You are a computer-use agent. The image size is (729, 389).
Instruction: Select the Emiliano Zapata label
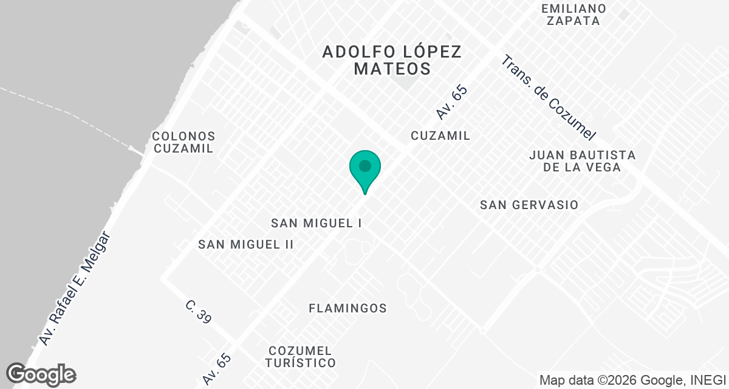click(x=573, y=15)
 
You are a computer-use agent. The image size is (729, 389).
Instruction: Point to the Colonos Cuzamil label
click(x=183, y=142)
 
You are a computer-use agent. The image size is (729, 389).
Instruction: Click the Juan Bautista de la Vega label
click(x=582, y=161)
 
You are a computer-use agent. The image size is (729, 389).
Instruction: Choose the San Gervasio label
click(x=529, y=205)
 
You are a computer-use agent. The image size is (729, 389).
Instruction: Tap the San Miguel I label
click(x=317, y=223)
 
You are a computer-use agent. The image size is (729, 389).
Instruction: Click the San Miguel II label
click(x=246, y=244)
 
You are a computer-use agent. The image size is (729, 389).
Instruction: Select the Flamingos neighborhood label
click(x=347, y=308)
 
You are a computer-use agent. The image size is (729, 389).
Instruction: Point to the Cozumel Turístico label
click(x=301, y=357)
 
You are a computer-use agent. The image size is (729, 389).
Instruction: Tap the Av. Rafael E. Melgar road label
click(x=75, y=288)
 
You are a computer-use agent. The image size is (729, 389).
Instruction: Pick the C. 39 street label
click(x=199, y=312)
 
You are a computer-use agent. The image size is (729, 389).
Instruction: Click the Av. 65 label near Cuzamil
click(x=453, y=102)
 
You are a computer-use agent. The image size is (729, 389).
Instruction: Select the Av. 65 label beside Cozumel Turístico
click(x=217, y=369)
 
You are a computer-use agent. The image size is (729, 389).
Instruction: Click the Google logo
click(x=41, y=374)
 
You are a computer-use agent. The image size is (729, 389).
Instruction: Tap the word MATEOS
click(x=392, y=68)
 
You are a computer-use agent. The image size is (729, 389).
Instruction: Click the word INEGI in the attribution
click(x=707, y=380)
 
